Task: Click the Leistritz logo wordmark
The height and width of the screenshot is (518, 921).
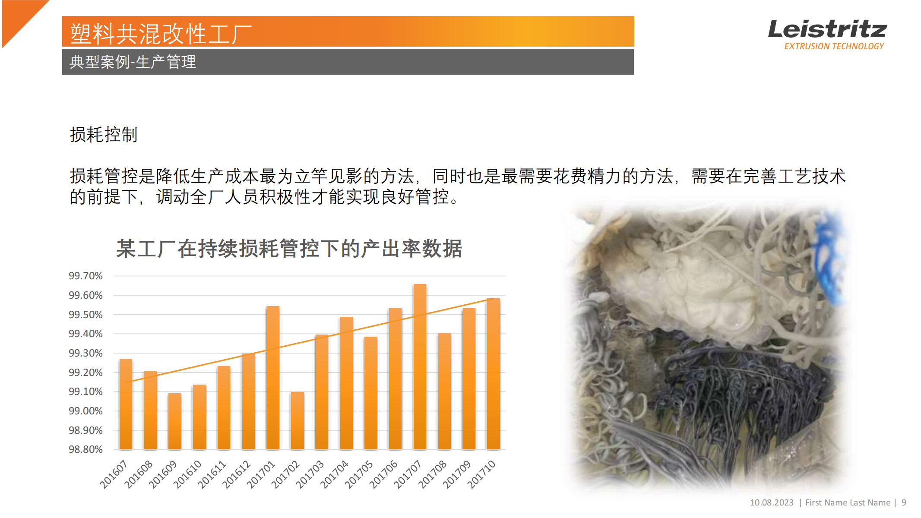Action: (827, 29)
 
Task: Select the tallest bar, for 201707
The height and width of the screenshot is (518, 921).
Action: (420, 366)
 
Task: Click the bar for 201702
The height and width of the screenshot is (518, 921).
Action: (298, 420)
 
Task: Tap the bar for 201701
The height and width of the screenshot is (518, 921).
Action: (273, 378)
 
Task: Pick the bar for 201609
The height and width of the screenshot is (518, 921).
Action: (175, 421)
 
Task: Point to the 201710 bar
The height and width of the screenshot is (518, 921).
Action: (493, 374)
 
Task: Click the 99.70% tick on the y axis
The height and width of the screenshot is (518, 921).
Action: (85, 276)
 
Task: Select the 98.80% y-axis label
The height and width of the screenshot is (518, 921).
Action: (85, 449)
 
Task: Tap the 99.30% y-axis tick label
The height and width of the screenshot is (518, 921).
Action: (85, 353)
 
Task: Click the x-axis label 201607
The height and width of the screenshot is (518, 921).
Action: (114, 474)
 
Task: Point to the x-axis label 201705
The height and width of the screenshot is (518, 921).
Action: (359, 474)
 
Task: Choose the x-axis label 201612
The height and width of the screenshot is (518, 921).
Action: (237, 474)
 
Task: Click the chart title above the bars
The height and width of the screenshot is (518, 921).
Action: (289, 249)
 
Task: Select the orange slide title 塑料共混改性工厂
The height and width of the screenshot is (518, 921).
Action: (161, 34)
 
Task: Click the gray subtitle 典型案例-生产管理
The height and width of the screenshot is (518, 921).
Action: (133, 62)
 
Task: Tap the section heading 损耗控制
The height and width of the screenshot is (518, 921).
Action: (104, 135)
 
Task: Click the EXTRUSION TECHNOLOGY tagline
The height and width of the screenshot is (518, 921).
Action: (834, 46)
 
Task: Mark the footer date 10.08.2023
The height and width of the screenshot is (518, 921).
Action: (772, 502)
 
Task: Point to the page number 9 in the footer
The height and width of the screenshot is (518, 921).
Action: (904, 502)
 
